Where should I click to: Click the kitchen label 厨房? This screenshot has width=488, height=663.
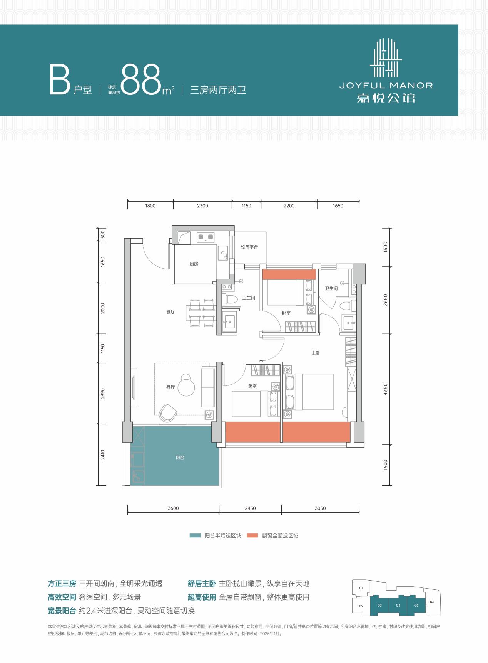tap(194, 264)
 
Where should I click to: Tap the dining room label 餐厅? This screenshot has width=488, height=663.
tap(170, 312)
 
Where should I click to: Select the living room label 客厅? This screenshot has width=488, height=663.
tap(170, 387)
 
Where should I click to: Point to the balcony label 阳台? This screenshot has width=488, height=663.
tap(180, 458)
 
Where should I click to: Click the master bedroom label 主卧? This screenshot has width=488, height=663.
tap(316, 353)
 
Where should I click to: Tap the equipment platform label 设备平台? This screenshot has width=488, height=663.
tap(249, 247)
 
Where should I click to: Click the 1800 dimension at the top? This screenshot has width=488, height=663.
tap(150, 206)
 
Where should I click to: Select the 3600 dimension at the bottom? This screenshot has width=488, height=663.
tap(173, 508)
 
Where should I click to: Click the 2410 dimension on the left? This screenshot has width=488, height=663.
tap(102, 455)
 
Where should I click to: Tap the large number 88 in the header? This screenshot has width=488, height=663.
tap(141, 80)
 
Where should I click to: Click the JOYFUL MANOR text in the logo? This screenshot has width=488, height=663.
tap(386, 85)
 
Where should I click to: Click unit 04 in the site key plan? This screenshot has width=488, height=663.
tap(398, 605)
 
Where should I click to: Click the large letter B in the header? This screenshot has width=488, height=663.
tap(59, 80)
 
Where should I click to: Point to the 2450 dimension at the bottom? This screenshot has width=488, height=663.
tap(250, 508)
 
